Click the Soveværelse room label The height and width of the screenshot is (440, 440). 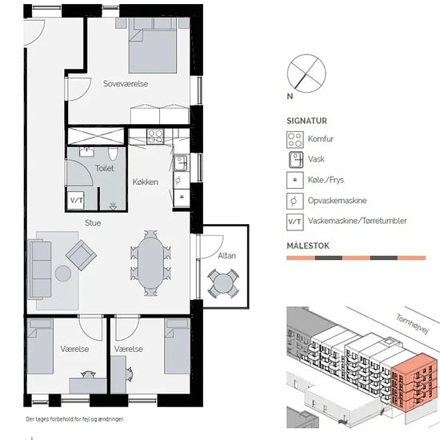tap(126, 84)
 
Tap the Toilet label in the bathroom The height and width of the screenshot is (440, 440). tap(104, 168)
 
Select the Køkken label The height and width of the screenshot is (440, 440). tap(146, 182)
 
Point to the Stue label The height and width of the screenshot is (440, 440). tap(93, 223)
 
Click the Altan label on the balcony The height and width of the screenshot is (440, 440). tap(226, 256)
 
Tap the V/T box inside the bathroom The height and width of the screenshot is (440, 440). tap(76, 200)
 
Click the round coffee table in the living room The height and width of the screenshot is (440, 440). tap(63, 274)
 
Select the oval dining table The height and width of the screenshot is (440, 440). tap(150, 263)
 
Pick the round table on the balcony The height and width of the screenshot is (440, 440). tap(223, 283)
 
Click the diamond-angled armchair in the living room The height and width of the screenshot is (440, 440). tap(82, 255)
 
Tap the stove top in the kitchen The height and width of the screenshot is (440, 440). tap(155, 136)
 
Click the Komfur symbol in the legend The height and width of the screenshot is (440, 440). tap(295, 139)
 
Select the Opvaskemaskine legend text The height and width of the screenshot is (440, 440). tap(338, 201)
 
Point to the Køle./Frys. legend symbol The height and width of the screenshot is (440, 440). tap(295, 180)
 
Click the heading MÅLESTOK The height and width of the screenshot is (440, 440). tap(308, 246)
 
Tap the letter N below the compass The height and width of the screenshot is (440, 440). tap(290, 97)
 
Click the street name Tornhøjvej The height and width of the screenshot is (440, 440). tap(413, 324)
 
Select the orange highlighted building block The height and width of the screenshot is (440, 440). tap(414, 382)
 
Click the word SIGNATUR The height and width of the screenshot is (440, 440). tap(306, 121)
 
